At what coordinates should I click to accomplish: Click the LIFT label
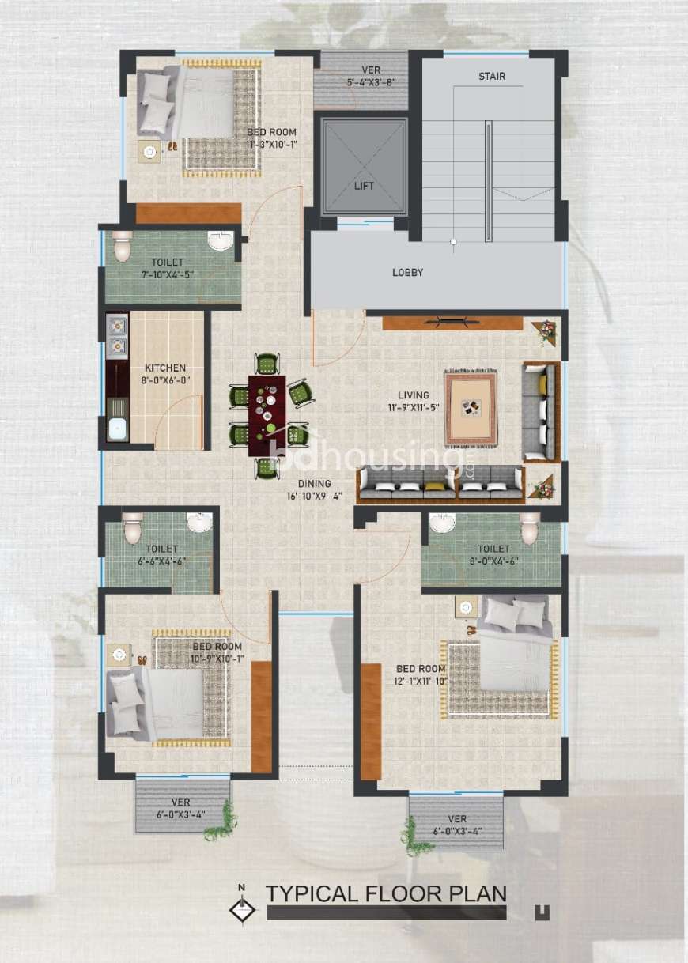click(x=364, y=186)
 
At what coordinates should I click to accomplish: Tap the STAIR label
click(x=492, y=77)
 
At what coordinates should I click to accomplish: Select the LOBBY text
click(x=407, y=273)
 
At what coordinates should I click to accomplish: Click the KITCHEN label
click(x=165, y=368)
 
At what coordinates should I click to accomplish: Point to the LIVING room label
click(x=414, y=395)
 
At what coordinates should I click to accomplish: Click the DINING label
click(x=314, y=484)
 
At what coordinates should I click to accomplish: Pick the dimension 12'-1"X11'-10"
click(x=421, y=681)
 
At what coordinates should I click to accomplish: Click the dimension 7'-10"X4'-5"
click(x=168, y=274)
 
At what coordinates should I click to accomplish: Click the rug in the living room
click(x=471, y=406)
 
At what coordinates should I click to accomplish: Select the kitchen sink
click(x=117, y=429)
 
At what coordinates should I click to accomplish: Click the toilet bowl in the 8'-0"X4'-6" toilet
click(x=530, y=527)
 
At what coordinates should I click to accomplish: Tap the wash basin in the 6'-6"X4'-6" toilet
click(x=199, y=523)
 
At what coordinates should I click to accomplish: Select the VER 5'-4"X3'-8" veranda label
click(x=371, y=76)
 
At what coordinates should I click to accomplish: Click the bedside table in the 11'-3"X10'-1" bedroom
click(x=149, y=151)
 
